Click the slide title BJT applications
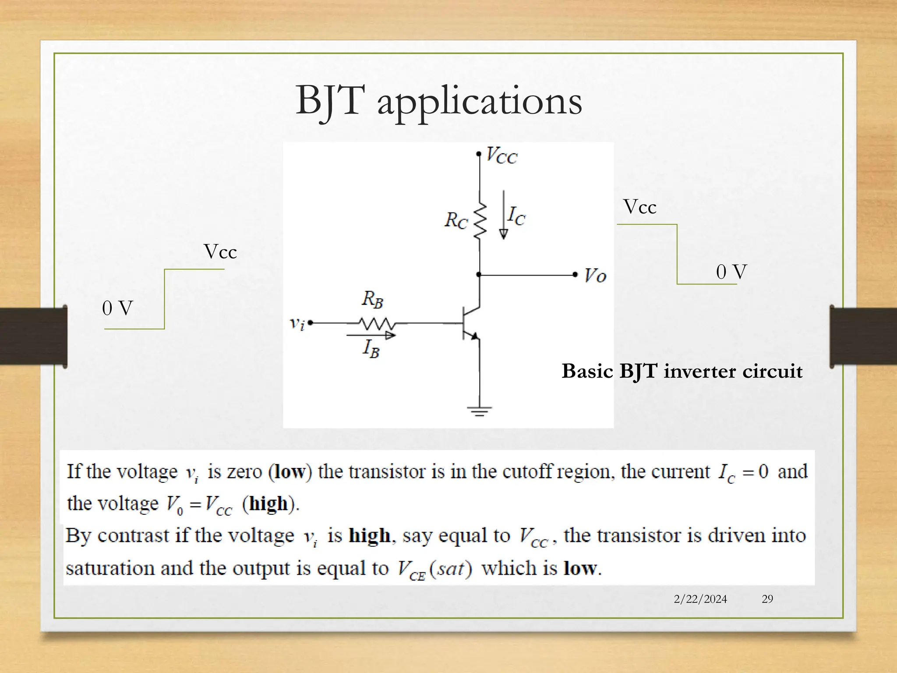pyautogui.click(x=438, y=101)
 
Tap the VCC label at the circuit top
pyautogui.click(x=502, y=156)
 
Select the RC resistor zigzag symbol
pyautogui.click(x=480, y=221)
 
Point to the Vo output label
pyautogui.click(x=595, y=276)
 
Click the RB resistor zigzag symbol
pyautogui.click(x=377, y=324)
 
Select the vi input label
pyautogui.click(x=297, y=323)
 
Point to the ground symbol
pyautogui.click(x=479, y=411)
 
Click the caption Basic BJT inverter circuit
pyautogui.click(x=682, y=371)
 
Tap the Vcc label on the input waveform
pyautogui.click(x=220, y=252)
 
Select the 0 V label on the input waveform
pyautogui.click(x=117, y=308)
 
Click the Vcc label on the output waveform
pyautogui.click(x=639, y=207)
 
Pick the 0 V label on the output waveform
pyautogui.click(x=731, y=272)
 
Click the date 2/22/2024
pyautogui.click(x=700, y=599)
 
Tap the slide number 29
pyautogui.click(x=767, y=599)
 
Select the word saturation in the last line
pyautogui.click(x=109, y=568)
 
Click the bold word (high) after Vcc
pyautogui.click(x=270, y=504)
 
